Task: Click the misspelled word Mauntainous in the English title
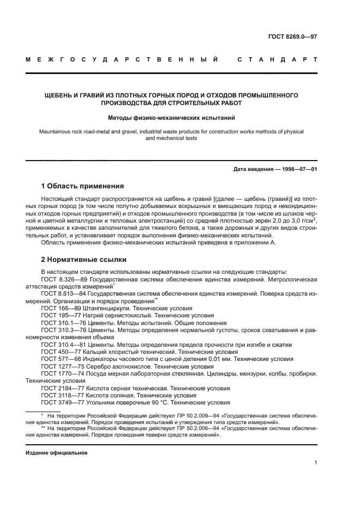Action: coord(57,131)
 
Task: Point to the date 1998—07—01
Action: coord(298,169)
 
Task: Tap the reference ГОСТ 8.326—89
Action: coord(62,279)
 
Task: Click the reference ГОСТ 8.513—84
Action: coord(62,293)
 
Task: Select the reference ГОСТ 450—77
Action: coord(59,351)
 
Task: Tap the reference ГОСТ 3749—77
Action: coord(62,402)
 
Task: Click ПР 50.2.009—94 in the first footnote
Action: coord(158,415)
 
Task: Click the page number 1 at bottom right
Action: coord(315,463)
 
